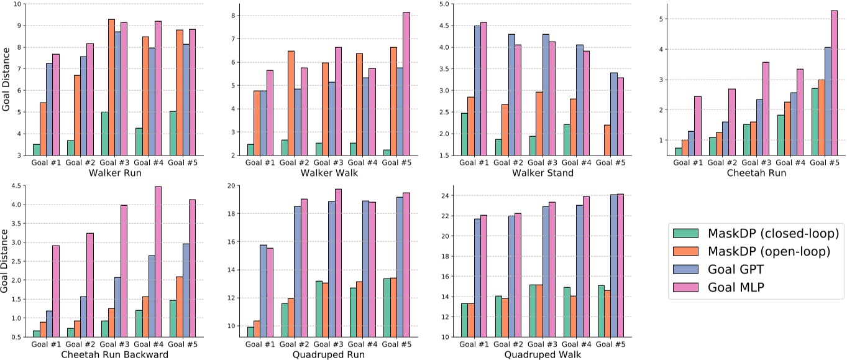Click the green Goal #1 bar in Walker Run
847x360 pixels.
point(37,149)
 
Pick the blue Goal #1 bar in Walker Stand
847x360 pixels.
point(477,90)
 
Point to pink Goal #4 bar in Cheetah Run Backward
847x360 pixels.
point(141,261)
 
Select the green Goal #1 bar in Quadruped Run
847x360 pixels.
point(250,331)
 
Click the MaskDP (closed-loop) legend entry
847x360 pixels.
point(756,233)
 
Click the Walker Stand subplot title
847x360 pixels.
point(543,173)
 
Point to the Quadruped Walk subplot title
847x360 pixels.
point(543,354)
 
